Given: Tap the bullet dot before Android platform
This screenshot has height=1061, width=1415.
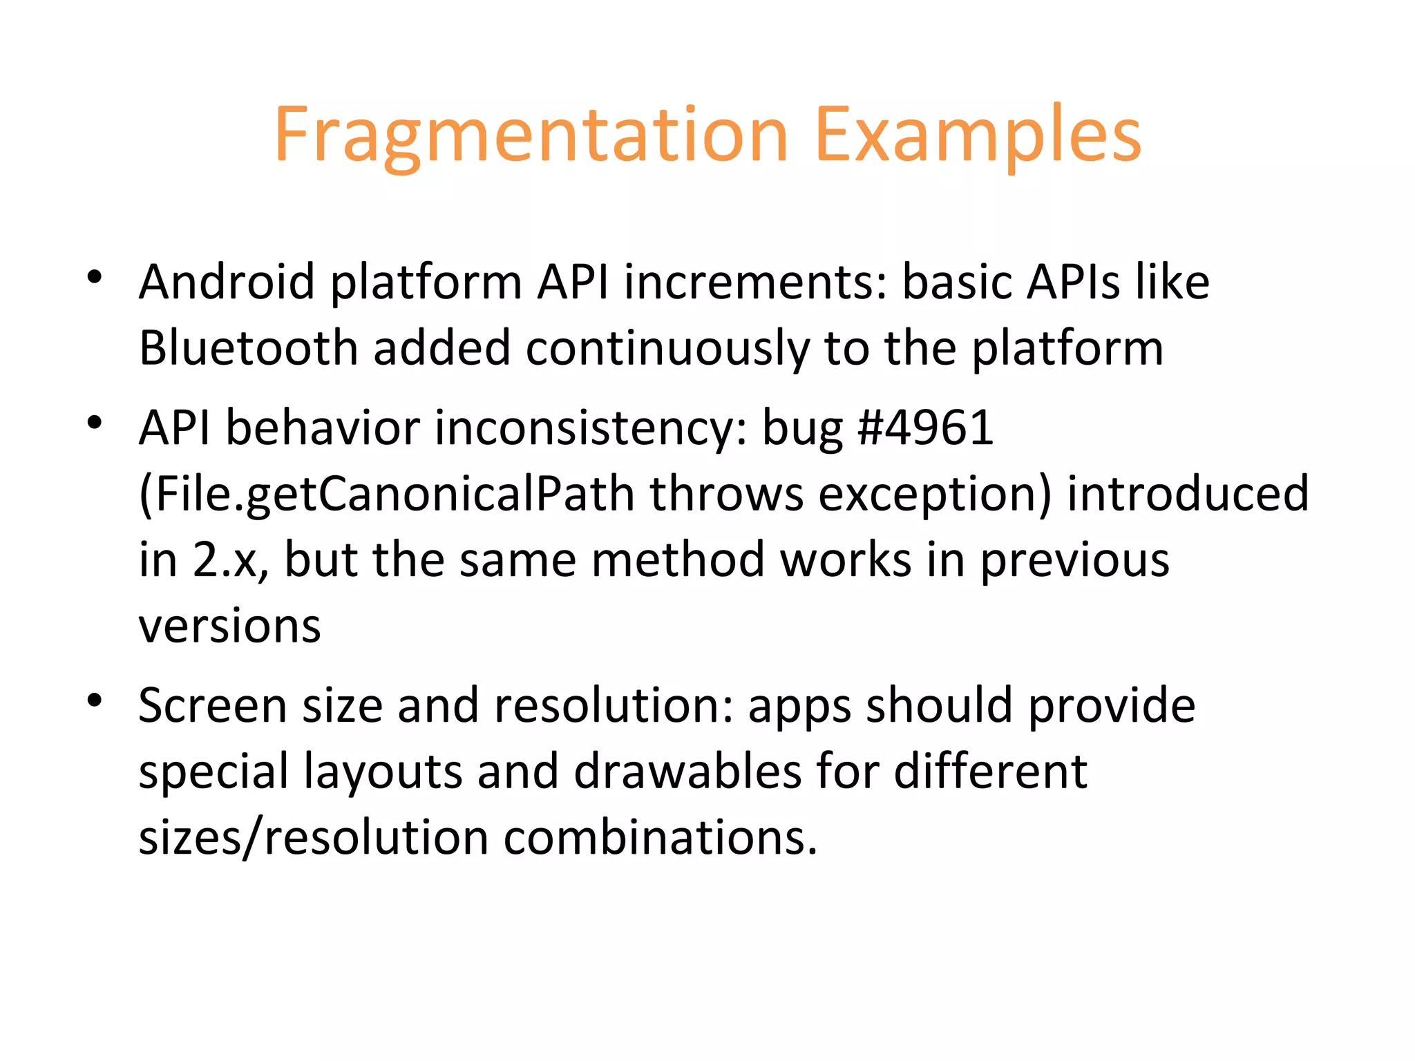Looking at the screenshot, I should (x=95, y=278).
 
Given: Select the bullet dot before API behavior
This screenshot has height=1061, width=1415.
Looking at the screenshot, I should (x=95, y=423).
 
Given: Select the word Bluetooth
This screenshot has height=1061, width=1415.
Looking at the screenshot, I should (x=248, y=347).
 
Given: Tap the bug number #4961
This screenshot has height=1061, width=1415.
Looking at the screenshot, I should (x=924, y=428).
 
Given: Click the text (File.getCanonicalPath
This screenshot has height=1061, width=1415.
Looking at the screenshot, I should (x=386, y=495).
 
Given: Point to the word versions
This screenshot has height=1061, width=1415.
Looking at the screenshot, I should (x=229, y=626).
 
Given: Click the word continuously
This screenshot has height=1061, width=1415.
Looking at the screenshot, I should (x=667, y=347).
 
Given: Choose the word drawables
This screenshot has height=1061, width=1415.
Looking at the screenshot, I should (x=687, y=771).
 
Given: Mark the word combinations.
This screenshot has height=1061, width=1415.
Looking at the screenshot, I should (x=660, y=837).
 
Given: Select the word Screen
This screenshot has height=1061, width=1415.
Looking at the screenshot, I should (x=212, y=705).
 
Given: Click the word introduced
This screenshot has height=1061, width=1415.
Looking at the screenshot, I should (x=1188, y=493).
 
